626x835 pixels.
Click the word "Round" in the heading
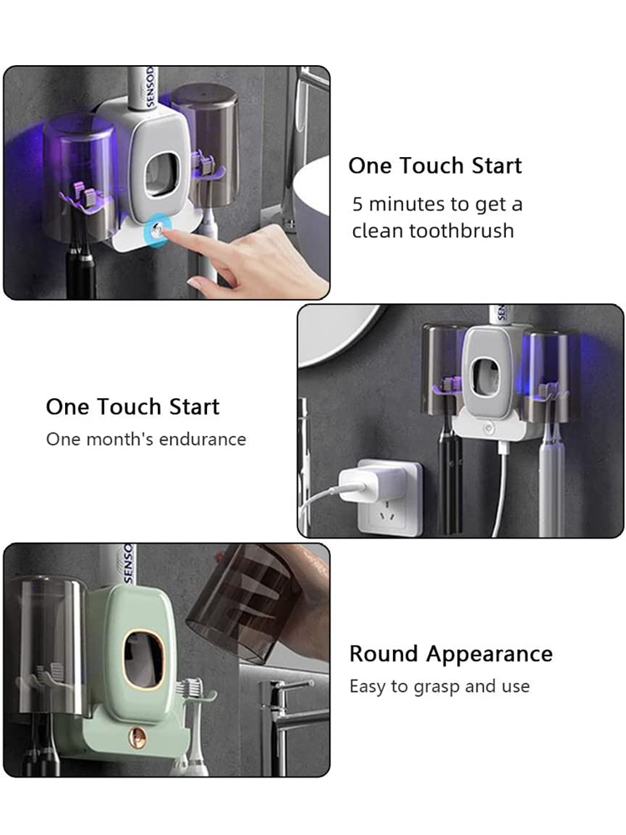(x=384, y=654)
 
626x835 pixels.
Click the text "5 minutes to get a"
(x=437, y=204)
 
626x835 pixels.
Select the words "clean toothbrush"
(x=432, y=230)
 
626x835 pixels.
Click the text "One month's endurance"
(x=146, y=439)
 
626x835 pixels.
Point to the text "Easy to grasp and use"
(x=439, y=686)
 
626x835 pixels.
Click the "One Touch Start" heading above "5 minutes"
(x=435, y=165)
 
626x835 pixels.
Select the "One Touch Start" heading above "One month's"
(x=133, y=407)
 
